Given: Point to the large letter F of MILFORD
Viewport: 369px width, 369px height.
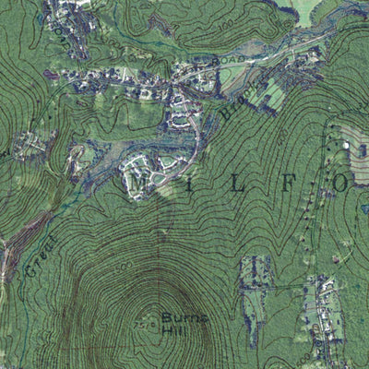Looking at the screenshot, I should [x=288, y=184].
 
